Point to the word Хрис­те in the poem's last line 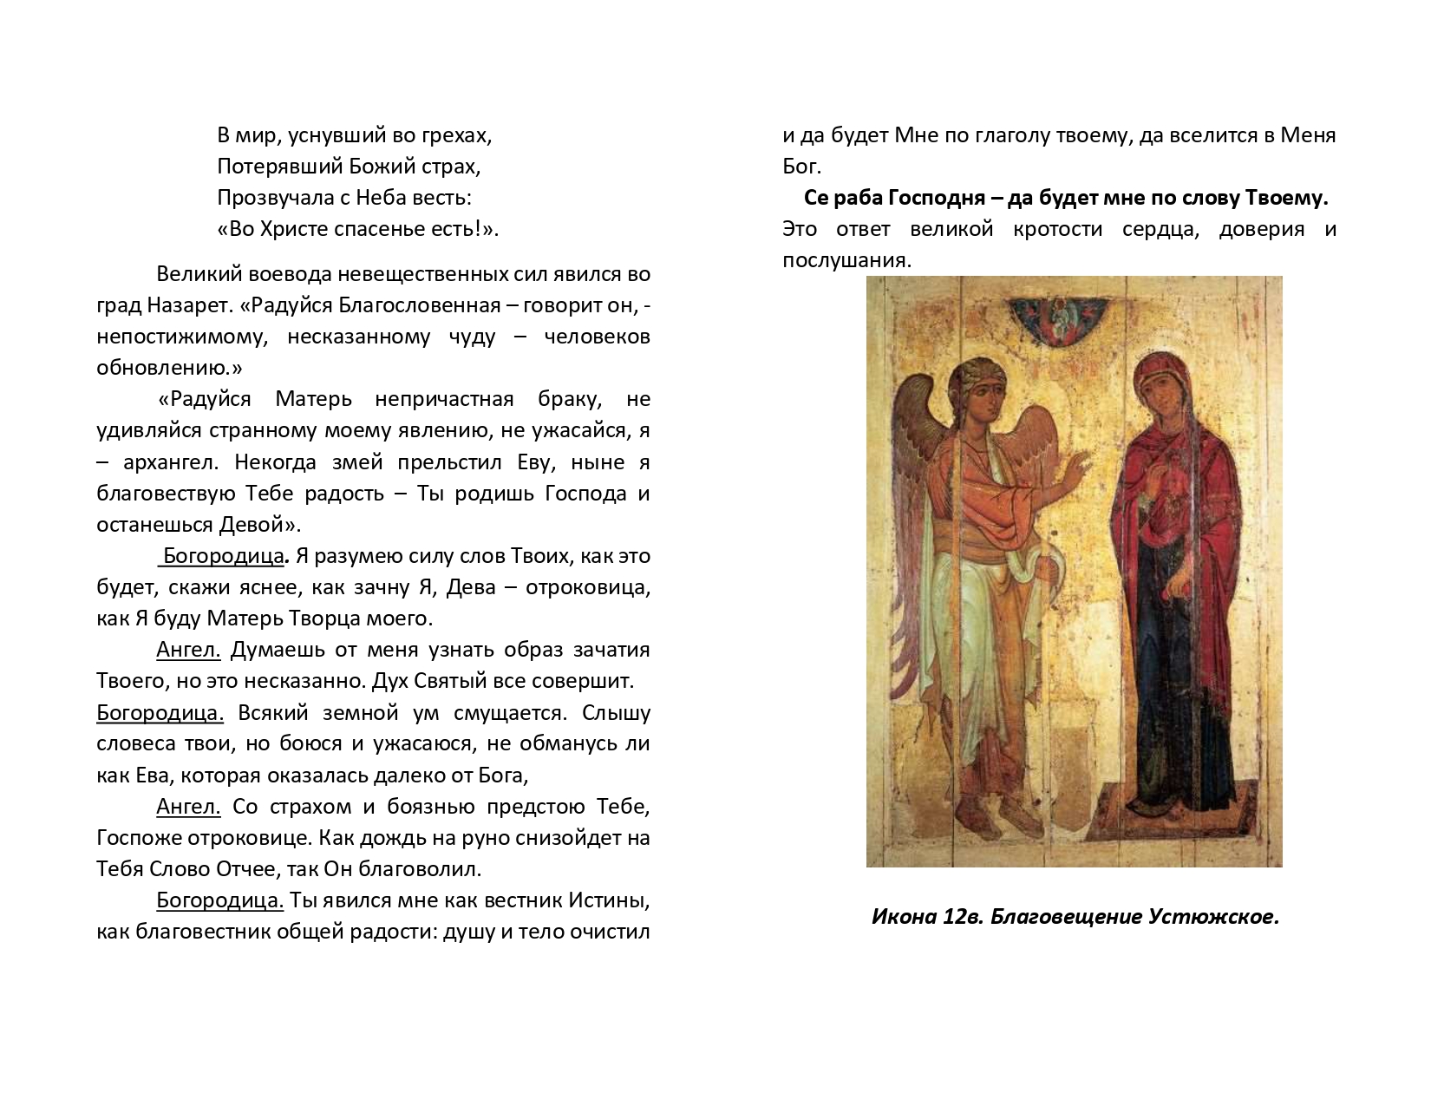click(300, 229)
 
